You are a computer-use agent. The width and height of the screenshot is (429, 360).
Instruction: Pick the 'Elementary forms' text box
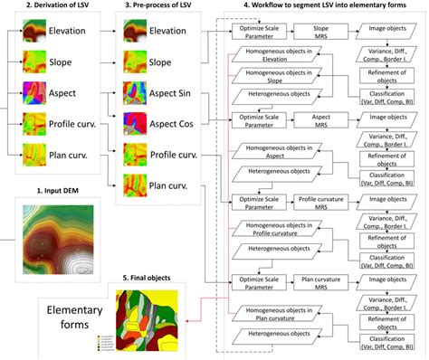(x=71, y=316)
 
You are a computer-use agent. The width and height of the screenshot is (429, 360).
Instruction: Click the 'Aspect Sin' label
(x=174, y=92)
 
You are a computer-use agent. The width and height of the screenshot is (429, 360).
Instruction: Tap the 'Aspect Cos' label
(x=174, y=124)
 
